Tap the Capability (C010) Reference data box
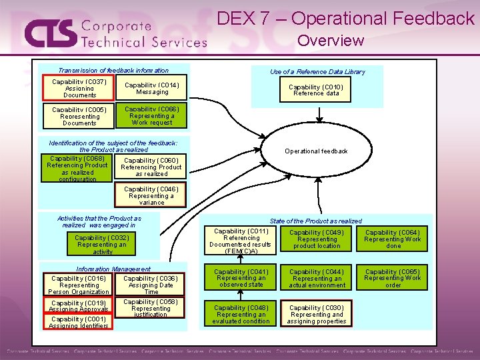click(x=316, y=90)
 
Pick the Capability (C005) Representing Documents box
click(x=79, y=116)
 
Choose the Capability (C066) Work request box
click(x=152, y=115)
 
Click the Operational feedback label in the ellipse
click(x=316, y=151)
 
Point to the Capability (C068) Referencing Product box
click(x=77, y=168)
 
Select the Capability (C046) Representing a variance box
click(x=151, y=196)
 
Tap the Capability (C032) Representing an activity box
click(x=102, y=245)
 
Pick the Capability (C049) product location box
click(x=317, y=239)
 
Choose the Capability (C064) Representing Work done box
click(x=393, y=239)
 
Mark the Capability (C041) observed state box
click(x=241, y=278)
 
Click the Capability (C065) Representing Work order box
click(x=393, y=278)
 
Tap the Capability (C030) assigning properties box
click(x=317, y=315)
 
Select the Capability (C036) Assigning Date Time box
click(x=151, y=285)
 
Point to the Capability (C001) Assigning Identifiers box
click(x=78, y=323)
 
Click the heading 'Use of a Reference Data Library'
click(x=317, y=72)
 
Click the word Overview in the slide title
click(x=331, y=41)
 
